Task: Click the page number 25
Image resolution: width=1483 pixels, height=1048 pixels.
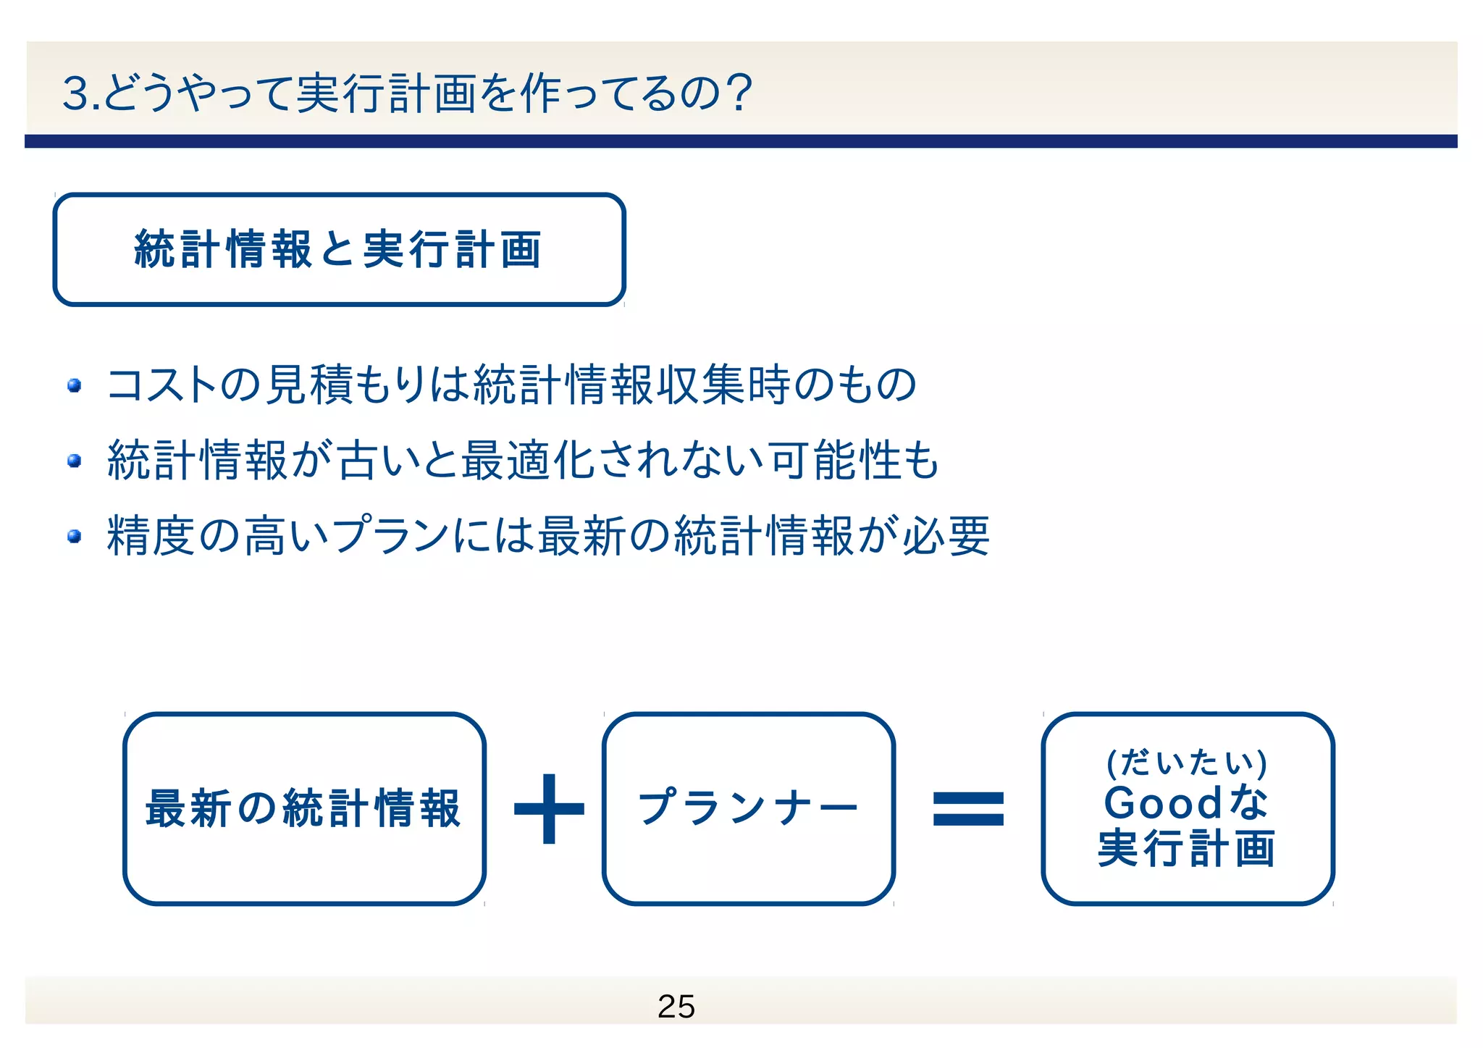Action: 676,1006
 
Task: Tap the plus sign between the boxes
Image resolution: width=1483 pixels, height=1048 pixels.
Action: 549,809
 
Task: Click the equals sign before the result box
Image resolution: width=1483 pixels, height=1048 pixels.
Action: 968,809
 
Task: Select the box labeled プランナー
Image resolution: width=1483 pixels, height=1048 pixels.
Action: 749,808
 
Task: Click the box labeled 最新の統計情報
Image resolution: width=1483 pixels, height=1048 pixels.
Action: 304,808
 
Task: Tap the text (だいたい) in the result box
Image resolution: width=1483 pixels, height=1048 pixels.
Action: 1187,763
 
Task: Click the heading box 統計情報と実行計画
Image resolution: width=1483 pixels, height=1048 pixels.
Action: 339,249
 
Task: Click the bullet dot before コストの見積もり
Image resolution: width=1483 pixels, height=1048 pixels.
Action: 74,385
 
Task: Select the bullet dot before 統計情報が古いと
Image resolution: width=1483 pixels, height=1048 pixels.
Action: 74,461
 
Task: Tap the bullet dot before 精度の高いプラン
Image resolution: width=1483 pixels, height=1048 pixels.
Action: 74,536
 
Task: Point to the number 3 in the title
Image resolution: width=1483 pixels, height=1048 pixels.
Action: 75,94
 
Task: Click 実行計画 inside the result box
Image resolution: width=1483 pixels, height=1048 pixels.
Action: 1187,848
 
